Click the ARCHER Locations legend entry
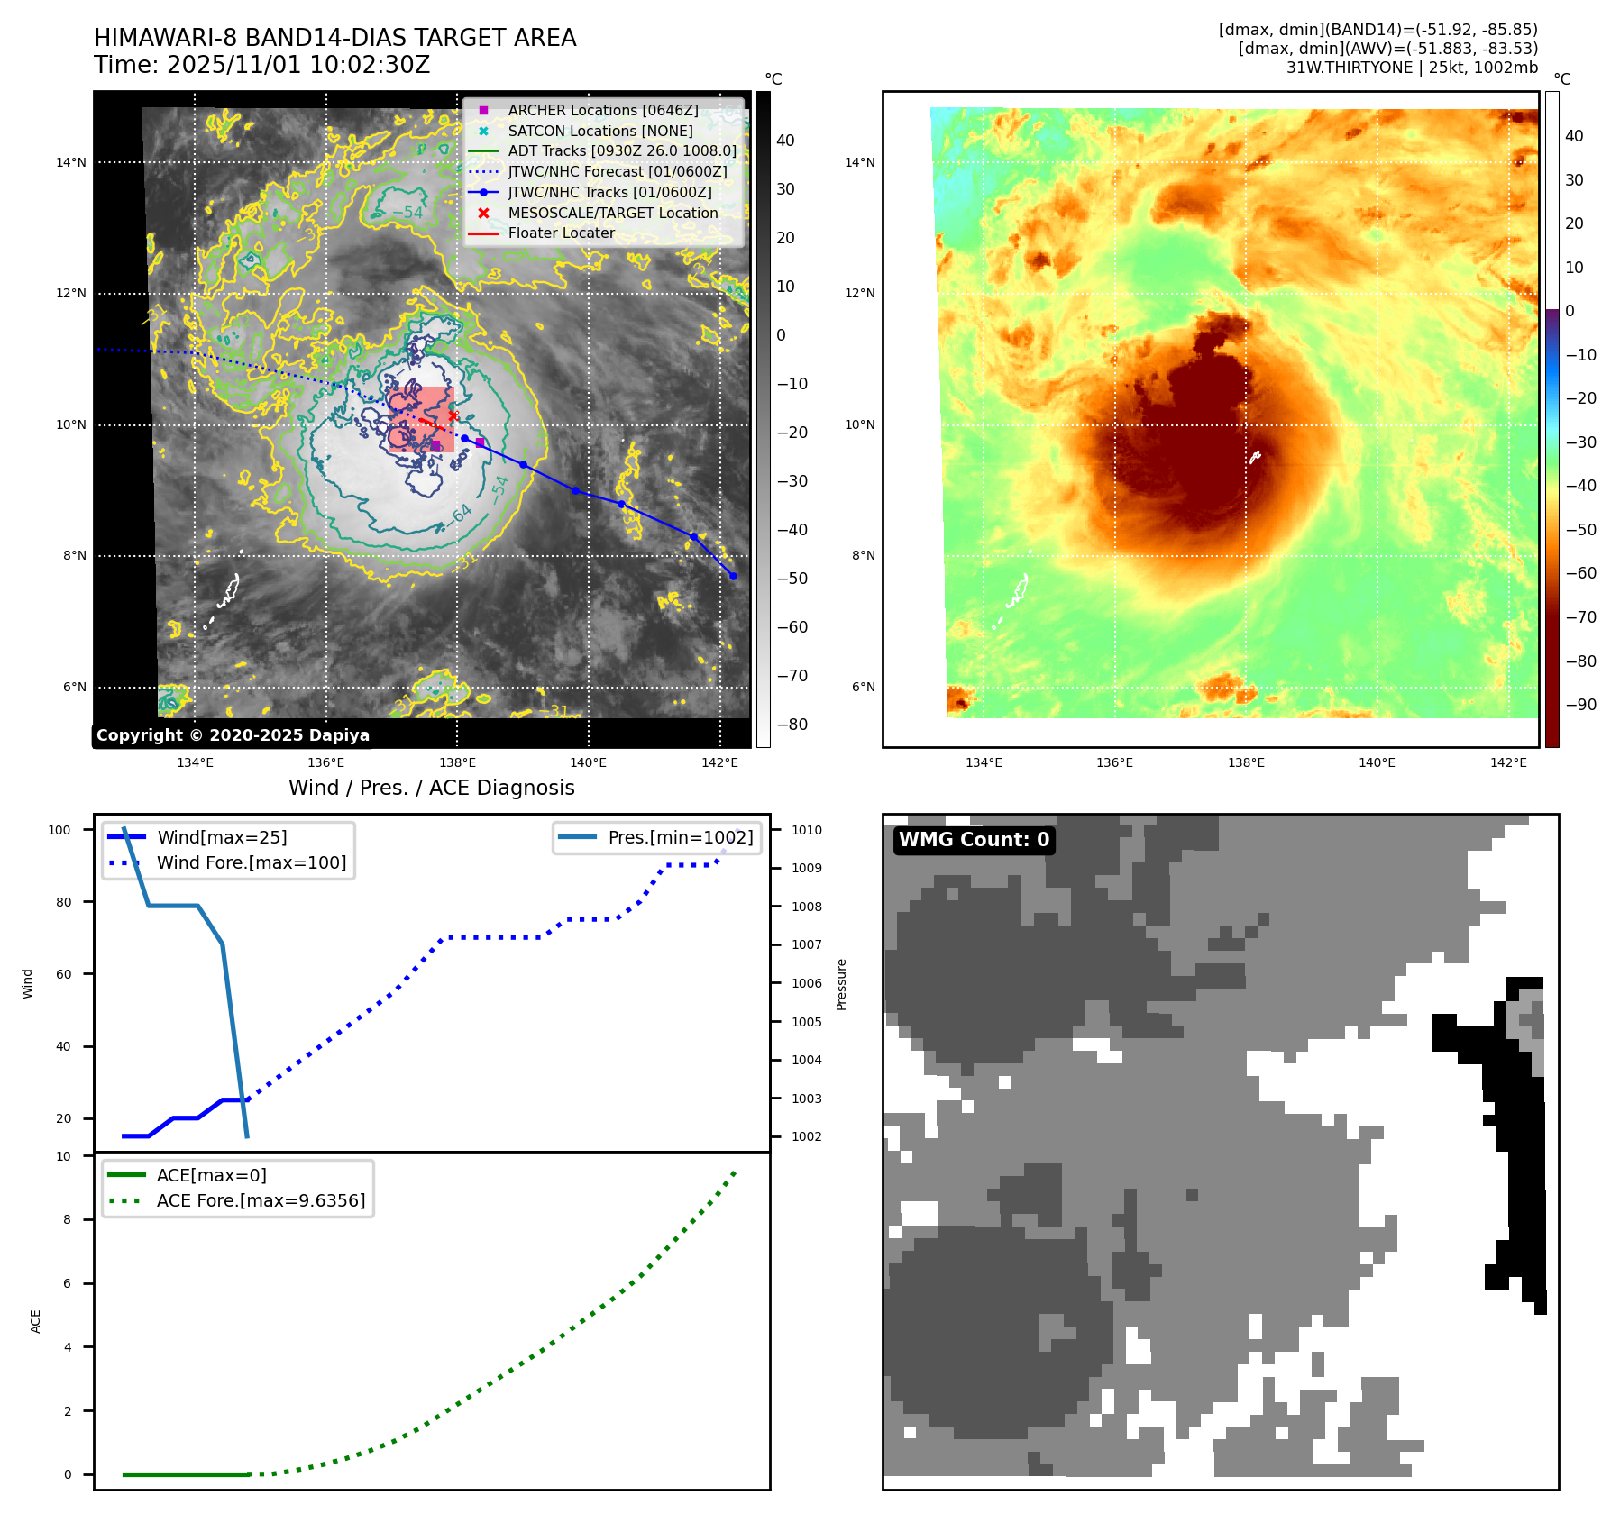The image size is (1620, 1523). tap(602, 110)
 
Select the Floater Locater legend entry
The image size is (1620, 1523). tap(561, 233)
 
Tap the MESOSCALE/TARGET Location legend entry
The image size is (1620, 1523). tap(612, 213)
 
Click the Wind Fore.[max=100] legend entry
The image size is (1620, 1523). tap(252, 862)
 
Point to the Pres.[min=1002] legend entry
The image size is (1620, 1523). tap(680, 837)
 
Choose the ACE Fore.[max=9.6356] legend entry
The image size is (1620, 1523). tap(261, 1200)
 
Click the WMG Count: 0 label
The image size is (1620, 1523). tap(974, 840)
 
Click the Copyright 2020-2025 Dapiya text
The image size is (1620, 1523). tap(233, 735)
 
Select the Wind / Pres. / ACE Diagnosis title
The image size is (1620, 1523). tap(431, 788)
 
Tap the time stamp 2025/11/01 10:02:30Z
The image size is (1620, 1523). tap(297, 65)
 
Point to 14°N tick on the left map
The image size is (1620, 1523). tap(71, 162)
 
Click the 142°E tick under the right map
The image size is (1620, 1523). tap(1508, 762)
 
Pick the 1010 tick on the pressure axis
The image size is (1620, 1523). tap(807, 830)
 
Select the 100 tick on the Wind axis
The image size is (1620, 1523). tap(59, 830)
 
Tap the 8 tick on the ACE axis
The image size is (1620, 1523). tap(67, 1219)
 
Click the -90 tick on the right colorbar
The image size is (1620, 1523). tap(1580, 705)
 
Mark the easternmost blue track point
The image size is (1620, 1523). tap(733, 576)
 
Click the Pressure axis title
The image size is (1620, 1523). tap(841, 984)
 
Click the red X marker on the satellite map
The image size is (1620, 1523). tap(453, 415)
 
